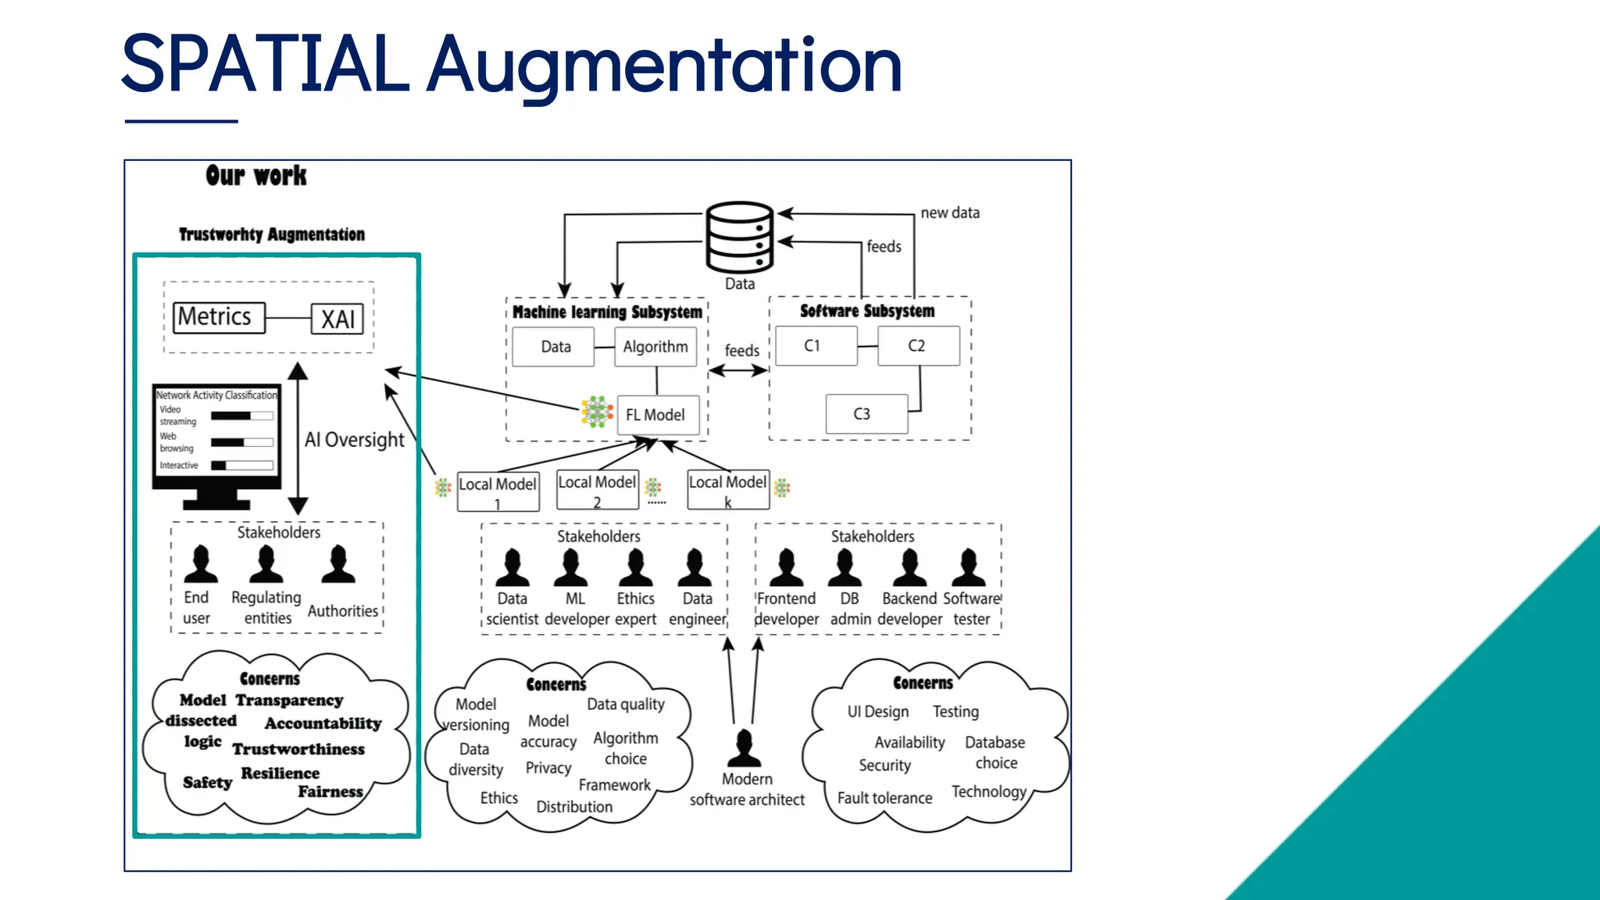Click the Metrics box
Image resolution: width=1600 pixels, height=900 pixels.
coord(219,318)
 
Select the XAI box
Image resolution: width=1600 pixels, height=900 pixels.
coord(337,319)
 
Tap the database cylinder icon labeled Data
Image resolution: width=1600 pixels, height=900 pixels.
coord(739,237)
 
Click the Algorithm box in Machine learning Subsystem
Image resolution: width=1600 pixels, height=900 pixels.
coord(655,347)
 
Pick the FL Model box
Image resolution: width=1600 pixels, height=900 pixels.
coord(655,415)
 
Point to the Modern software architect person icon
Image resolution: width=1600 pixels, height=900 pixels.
coord(744,748)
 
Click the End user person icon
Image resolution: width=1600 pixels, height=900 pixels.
coord(201,565)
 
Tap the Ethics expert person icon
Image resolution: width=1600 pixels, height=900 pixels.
coord(635,568)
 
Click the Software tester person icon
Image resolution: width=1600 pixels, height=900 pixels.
coord(969,568)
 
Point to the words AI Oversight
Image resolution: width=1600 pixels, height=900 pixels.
coord(355,440)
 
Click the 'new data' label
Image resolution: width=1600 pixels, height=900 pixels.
coord(949,212)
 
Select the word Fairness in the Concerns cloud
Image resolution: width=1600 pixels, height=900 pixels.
coord(330,792)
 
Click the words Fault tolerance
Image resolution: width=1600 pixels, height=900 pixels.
coord(884,798)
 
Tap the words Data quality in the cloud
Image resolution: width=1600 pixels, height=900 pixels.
coord(626,704)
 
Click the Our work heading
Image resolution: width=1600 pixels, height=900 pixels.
coord(256,176)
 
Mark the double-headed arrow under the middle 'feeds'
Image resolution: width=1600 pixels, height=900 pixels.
coord(738,371)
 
